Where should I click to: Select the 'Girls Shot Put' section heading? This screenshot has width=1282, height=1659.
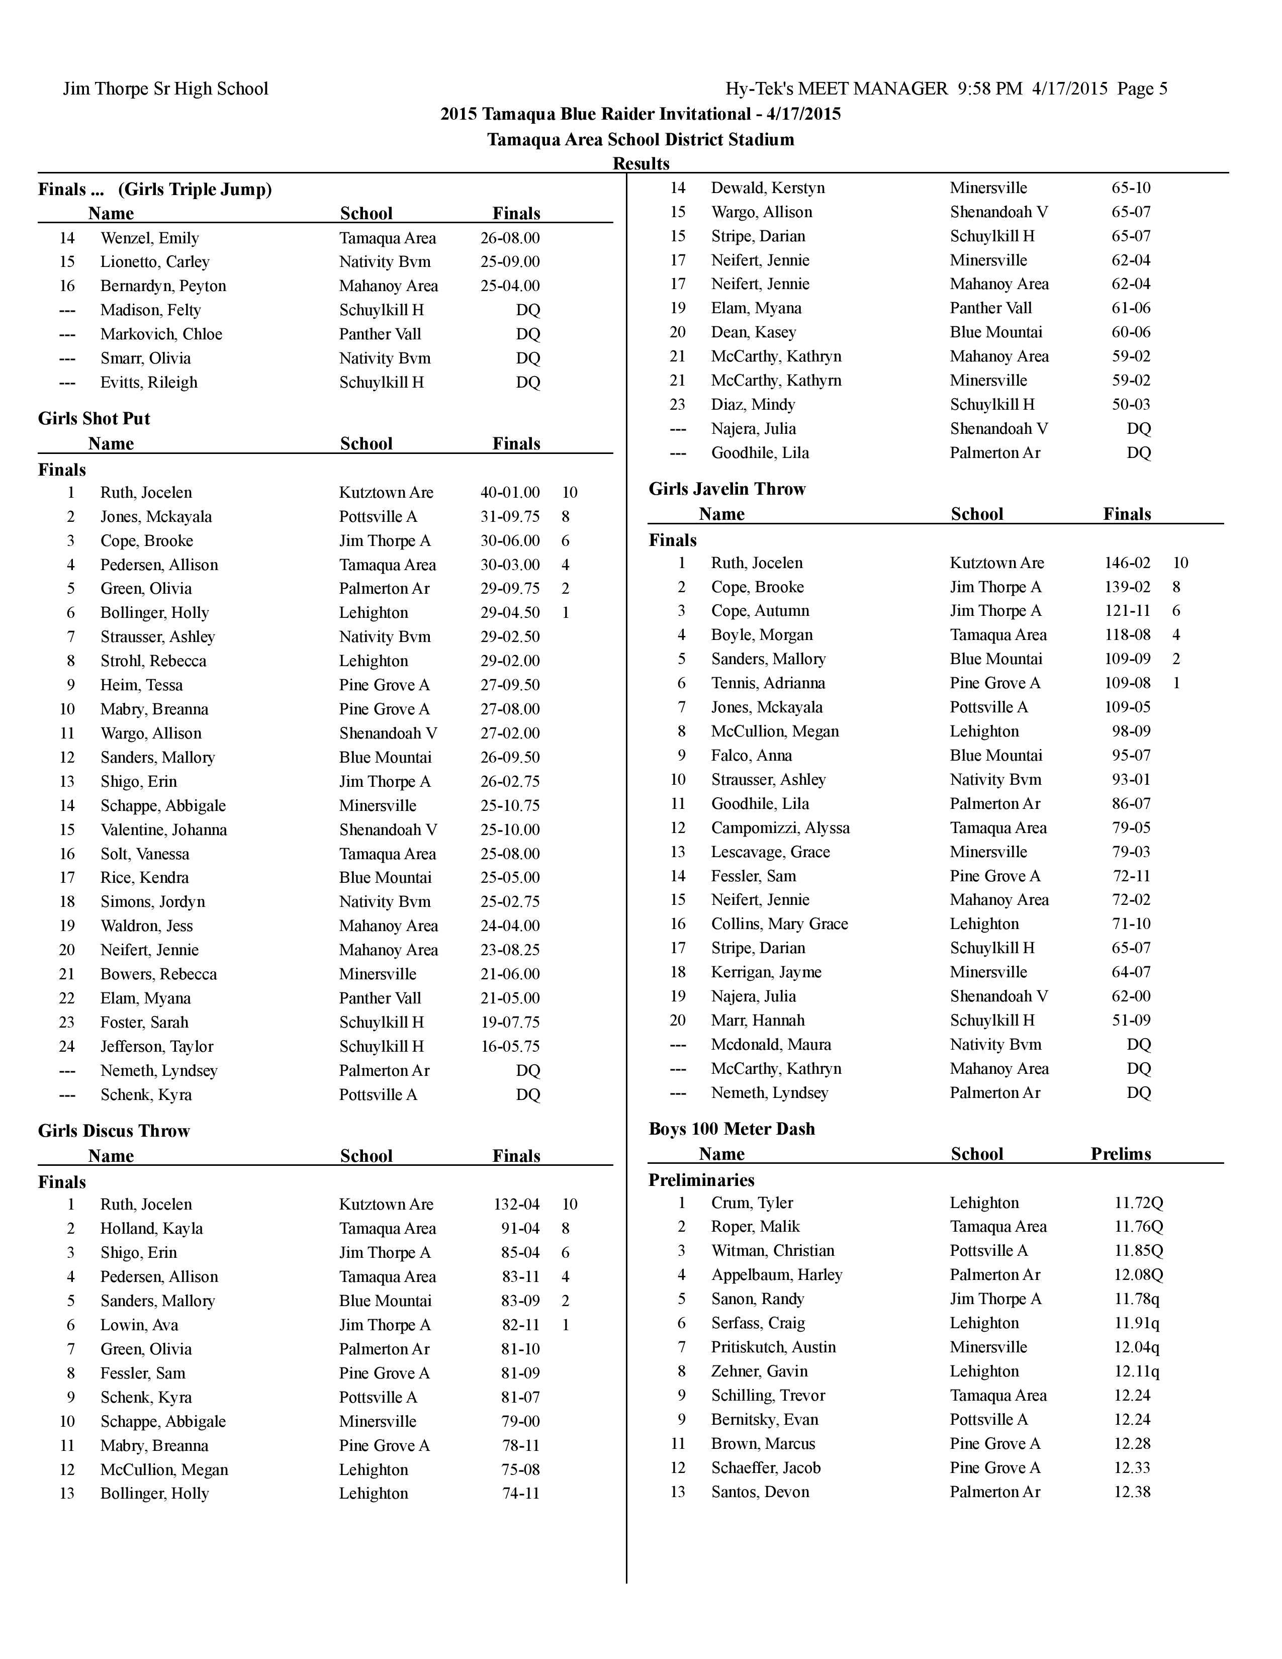tap(94, 419)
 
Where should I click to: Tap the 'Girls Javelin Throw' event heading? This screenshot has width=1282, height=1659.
tap(727, 489)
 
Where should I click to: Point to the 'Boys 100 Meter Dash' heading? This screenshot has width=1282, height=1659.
tap(731, 1129)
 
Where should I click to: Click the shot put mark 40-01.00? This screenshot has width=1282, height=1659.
tap(510, 492)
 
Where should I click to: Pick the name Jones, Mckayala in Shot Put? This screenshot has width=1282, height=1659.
tap(156, 516)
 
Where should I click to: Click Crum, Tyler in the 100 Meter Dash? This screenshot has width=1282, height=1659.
tap(752, 1203)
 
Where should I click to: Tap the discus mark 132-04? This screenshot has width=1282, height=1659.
tap(516, 1204)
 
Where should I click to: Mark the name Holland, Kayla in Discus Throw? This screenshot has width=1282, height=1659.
tap(151, 1228)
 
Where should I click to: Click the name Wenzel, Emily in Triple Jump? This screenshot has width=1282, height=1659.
tap(150, 238)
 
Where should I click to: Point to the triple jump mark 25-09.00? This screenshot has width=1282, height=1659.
tap(510, 261)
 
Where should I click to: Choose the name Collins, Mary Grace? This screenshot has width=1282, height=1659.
tap(779, 924)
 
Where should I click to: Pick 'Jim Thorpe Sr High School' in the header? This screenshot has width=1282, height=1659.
tap(165, 89)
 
